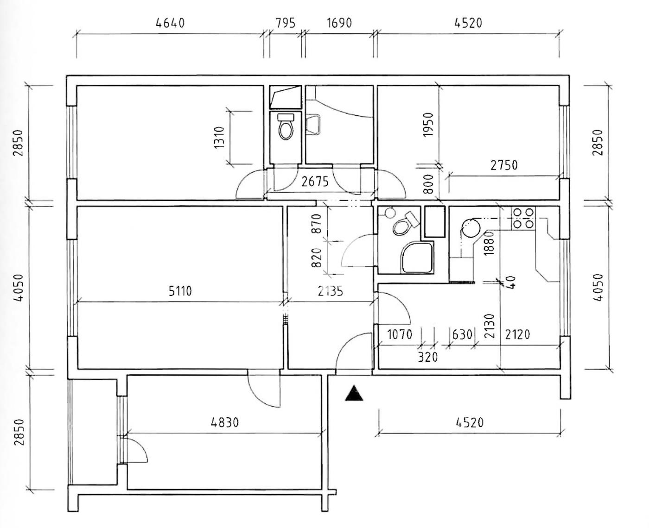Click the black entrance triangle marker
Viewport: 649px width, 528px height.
point(354,393)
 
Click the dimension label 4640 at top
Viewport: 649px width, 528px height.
point(170,23)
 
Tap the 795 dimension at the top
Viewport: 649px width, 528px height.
point(286,23)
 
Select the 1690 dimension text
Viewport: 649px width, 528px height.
point(339,23)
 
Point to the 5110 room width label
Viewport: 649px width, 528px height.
point(180,291)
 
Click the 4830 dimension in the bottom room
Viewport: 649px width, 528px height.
point(224,422)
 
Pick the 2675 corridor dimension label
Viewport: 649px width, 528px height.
point(315,182)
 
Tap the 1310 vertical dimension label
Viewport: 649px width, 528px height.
point(219,137)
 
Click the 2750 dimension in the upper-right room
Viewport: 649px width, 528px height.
point(504,165)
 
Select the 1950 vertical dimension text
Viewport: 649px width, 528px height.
point(428,125)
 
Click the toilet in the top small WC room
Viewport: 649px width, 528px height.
point(286,127)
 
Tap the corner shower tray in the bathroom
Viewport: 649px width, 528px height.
point(418,258)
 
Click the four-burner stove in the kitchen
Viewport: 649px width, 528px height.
point(523,218)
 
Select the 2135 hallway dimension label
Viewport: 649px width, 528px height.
point(330,291)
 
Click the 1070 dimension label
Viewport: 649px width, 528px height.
point(400,334)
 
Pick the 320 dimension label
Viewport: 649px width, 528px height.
point(427,357)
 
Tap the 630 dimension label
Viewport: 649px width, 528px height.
point(462,334)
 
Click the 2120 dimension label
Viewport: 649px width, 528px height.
point(517,334)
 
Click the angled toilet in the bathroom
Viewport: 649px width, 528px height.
point(405,224)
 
